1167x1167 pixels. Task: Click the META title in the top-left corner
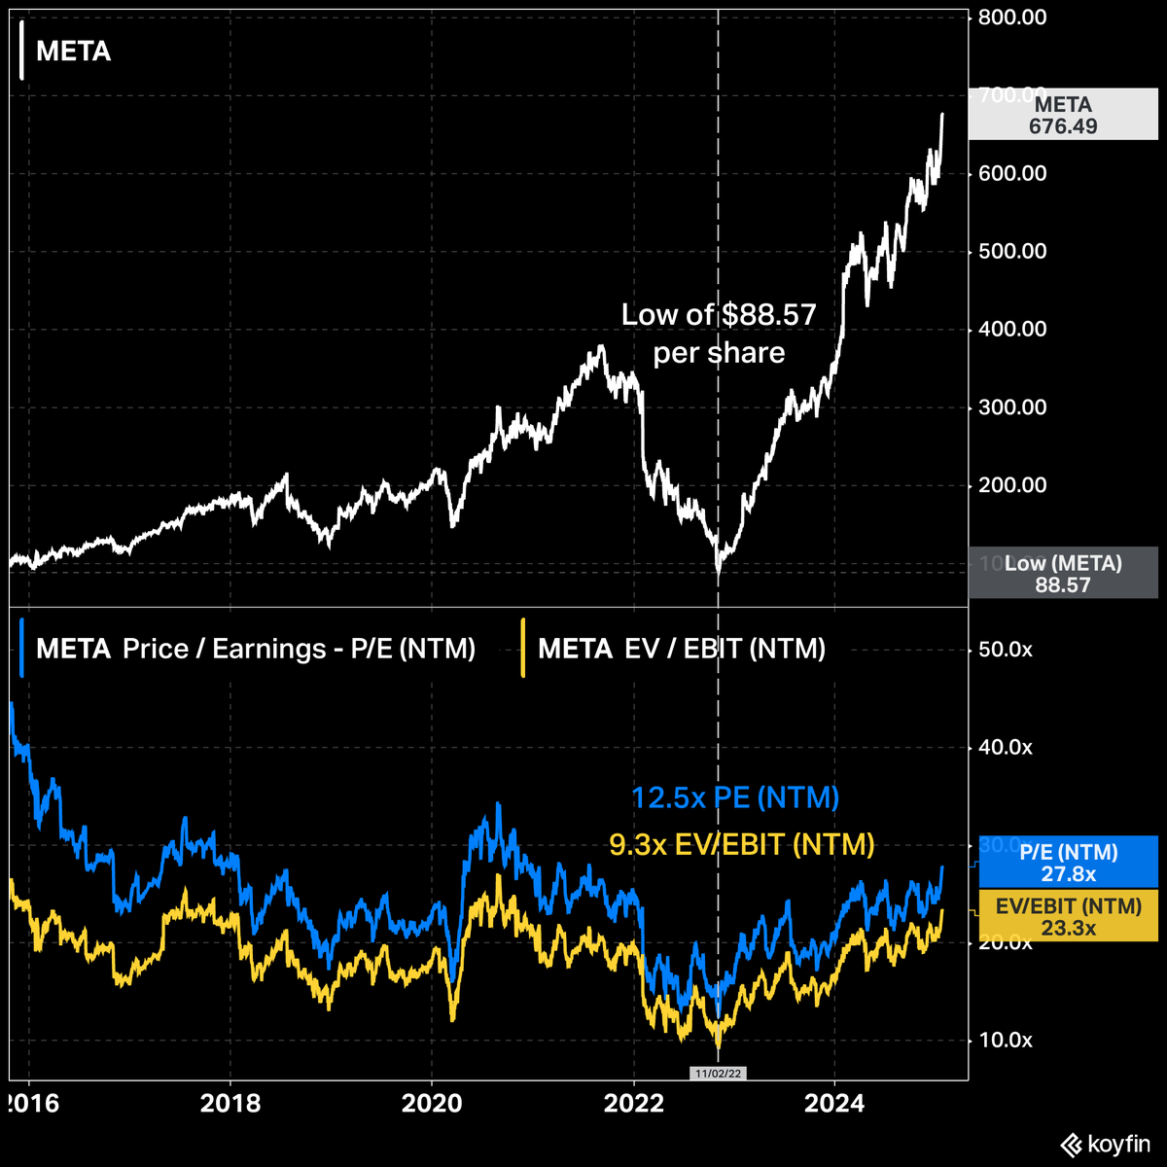[73, 52]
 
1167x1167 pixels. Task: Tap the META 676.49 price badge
[1063, 115]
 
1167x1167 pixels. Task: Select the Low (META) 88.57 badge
[1063, 574]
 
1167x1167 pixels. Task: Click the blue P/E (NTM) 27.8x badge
[1069, 863]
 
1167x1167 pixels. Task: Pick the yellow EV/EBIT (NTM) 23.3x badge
[1069, 916]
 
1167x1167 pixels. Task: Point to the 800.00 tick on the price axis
[1013, 18]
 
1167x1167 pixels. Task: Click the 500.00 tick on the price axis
[1013, 252]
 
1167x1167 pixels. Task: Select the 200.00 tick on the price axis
[1013, 485]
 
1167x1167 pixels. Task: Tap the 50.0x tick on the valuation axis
[1005, 650]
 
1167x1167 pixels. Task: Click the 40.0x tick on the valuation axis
[1005, 748]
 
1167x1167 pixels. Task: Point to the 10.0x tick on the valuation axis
[1005, 1041]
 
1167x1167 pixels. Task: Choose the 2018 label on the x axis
[230, 1104]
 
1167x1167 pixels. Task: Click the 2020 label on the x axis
[432, 1104]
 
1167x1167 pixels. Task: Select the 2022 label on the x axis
[634, 1104]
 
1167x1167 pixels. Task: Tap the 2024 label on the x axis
[835, 1104]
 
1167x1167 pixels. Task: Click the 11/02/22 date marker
[718, 1074]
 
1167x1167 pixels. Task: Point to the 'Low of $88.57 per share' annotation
[719, 334]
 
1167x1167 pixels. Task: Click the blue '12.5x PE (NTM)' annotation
[735, 798]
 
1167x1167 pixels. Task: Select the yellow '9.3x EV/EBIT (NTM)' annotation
[741, 844]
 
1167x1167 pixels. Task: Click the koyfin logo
[1105, 1145]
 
